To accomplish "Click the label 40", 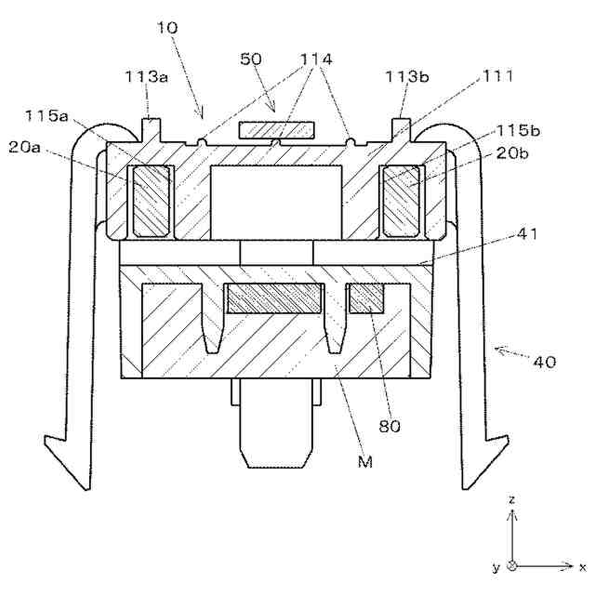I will (544, 361).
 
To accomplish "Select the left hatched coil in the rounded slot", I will (150, 200).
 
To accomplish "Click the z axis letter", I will (512, 499).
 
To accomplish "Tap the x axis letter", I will (581, 565).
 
